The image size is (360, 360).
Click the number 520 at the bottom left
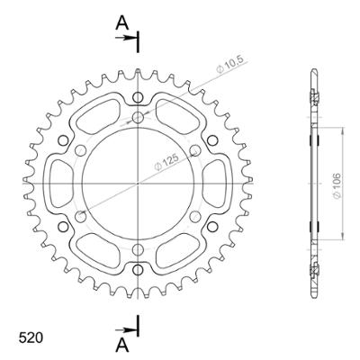30,339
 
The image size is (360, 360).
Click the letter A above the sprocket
122,23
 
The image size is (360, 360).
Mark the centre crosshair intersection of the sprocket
137,183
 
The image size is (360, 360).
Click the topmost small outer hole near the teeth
137,97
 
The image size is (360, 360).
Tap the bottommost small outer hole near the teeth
137,268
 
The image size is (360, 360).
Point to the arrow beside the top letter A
131,38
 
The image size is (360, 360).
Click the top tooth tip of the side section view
314,69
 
